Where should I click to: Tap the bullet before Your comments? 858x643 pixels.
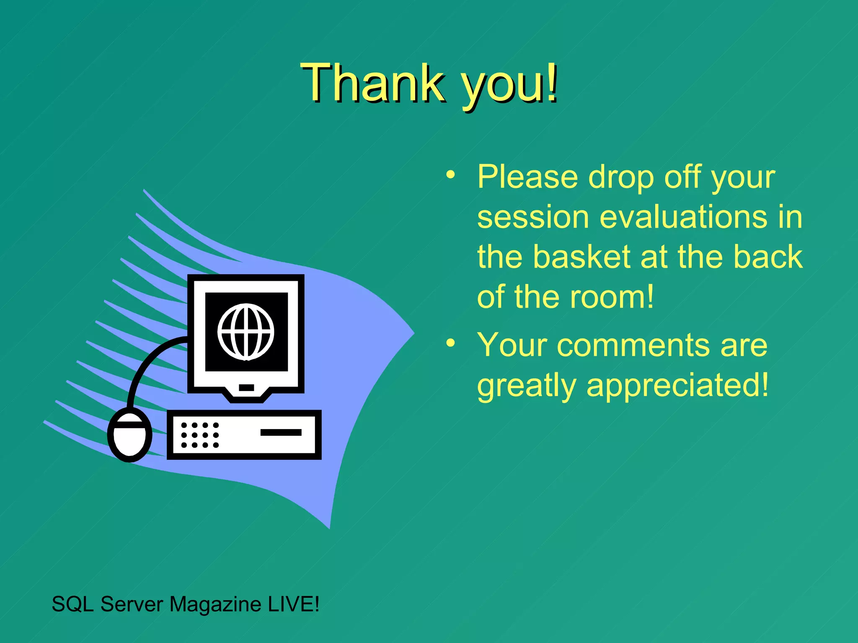click(450, 343)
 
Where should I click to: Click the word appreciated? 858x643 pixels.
click(677, 386)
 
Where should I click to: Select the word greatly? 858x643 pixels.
click(527, 386)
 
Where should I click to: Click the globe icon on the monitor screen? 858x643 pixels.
click(246, 332)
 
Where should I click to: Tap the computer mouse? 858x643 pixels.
click(129, 435)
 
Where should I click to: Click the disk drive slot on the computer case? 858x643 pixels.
click(281, 432)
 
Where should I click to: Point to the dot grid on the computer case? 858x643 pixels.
click(200, 435)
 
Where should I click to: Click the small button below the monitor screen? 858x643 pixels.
click(246, 388)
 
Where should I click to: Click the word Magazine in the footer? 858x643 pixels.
click(215, 604)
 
